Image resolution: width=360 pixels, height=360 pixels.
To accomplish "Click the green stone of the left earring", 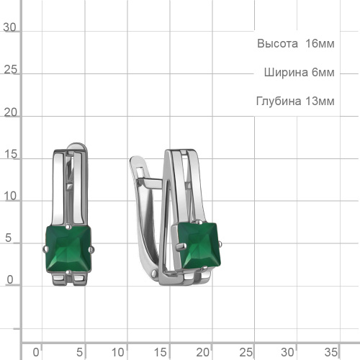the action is [x=68, y=249].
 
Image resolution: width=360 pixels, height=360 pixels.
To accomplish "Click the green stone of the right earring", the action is [x=199, y=246].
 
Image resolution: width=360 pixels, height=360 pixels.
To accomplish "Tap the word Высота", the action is [x=277, y=44].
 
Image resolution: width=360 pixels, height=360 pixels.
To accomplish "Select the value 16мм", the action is [x=320, y=44].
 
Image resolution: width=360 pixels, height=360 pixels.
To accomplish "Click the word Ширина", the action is [x=286, y=72].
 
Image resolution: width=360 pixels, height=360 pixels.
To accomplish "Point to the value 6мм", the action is [x=323, y=72].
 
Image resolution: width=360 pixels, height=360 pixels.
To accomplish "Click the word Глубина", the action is [x=279, y=101].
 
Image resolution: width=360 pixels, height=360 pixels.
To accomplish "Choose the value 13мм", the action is [x=320, y=101].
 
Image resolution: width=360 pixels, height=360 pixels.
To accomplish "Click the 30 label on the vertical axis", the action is [x=9, y=27].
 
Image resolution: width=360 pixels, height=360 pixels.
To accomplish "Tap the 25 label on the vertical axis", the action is [x=10, y=70].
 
